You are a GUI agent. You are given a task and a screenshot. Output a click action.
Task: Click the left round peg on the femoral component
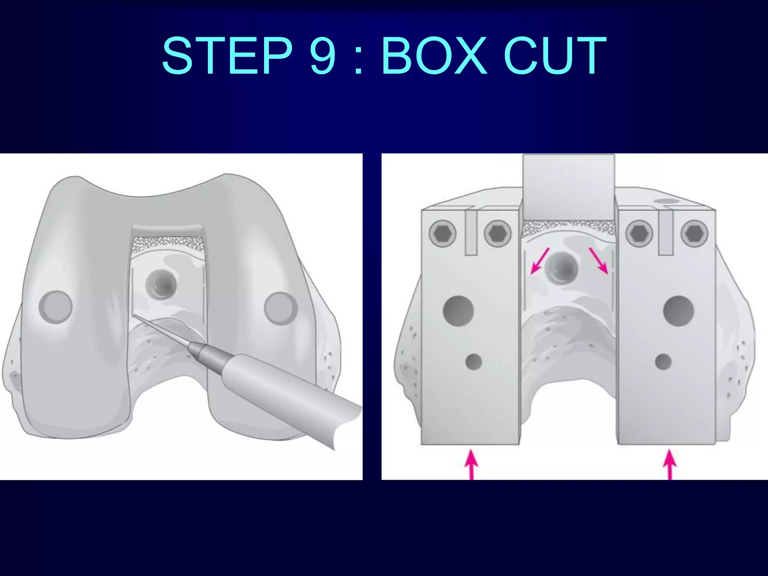(x=56, y=307)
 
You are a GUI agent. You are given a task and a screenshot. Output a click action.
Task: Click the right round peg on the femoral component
(x=280, y=308)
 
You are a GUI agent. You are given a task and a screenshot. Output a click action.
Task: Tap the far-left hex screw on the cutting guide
(x=443, y=233)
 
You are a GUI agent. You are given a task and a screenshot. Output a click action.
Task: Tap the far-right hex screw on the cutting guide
(x=694, y=233)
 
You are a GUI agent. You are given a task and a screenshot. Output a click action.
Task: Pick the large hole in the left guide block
(x=458, y=310)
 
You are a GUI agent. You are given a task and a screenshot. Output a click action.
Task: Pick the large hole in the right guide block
(x=678, y=310)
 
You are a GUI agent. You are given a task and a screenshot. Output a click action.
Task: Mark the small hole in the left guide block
(x=474, y=361)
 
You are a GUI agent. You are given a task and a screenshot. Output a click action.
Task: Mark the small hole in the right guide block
(x=663, y=361)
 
